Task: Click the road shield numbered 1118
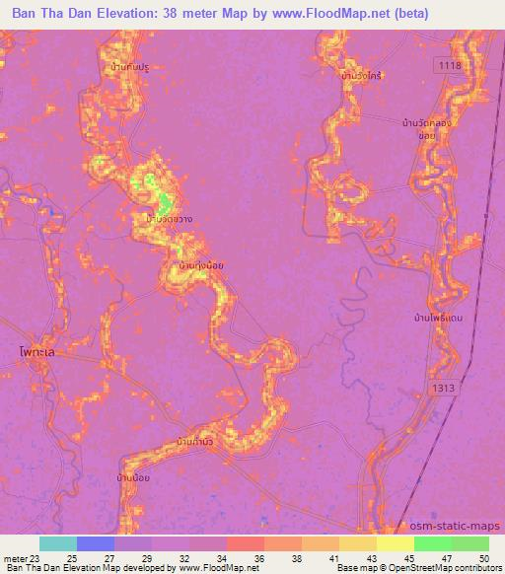pos(451,64)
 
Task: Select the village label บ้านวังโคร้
pos(360,74)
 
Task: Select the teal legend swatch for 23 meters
pos(57,543)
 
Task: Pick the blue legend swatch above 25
pos(96,543)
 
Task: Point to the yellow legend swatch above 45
pos(396,543)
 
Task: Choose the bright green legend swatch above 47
pos(433,543)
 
